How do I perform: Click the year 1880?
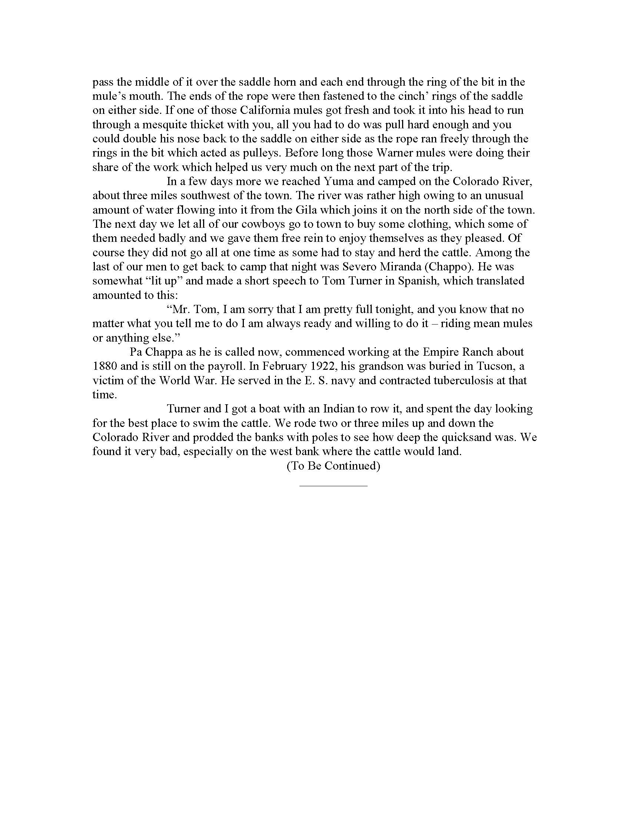[x=105, y=366]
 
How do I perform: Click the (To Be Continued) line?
[x=333, y=466]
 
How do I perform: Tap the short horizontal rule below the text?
[x=333, y=486]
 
